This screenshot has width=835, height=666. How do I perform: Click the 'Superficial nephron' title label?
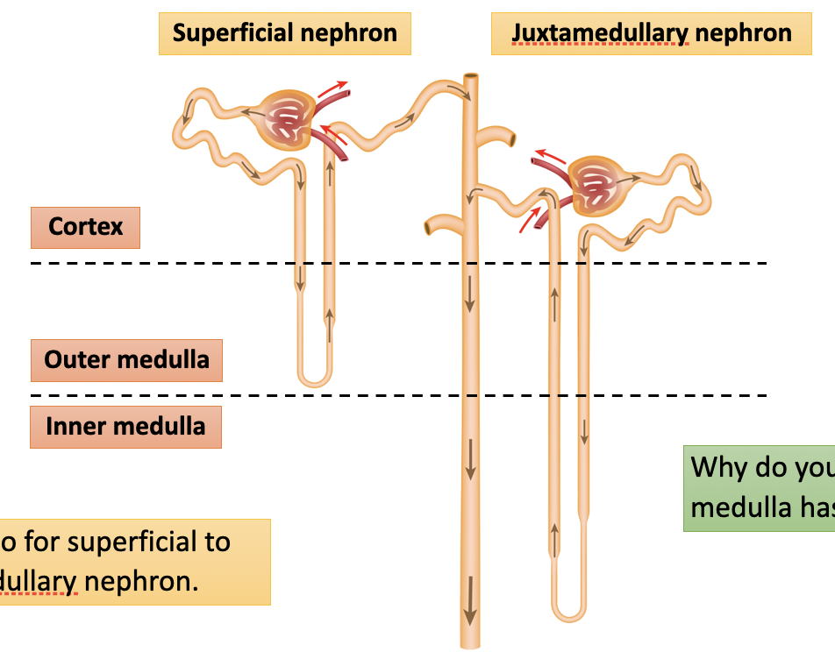point(284,34)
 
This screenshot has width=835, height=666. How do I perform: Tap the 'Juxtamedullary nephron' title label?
point(652,34)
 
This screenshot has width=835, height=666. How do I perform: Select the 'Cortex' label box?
point(85,227)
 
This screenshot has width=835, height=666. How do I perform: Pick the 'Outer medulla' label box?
point(126,360)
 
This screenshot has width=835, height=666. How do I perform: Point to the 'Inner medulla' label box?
point(125,427)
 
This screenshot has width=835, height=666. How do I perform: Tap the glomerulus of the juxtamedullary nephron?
point(599,185)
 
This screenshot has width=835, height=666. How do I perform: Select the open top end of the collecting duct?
point(471,79)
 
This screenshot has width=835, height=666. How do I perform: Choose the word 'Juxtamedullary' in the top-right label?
point(600,34)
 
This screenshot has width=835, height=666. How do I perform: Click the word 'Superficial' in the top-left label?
point(232,34)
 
